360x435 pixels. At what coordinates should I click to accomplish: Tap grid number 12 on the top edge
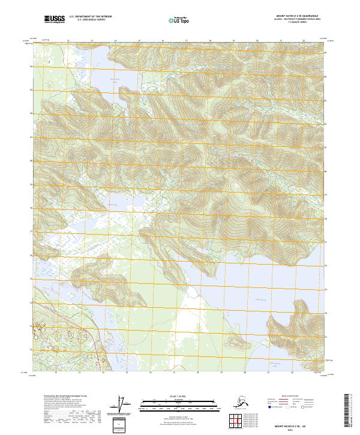68,41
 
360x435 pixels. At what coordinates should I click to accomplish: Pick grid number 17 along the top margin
186,41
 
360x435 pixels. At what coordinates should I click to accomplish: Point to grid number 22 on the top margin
304,41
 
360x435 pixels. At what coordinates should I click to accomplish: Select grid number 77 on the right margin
326,241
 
